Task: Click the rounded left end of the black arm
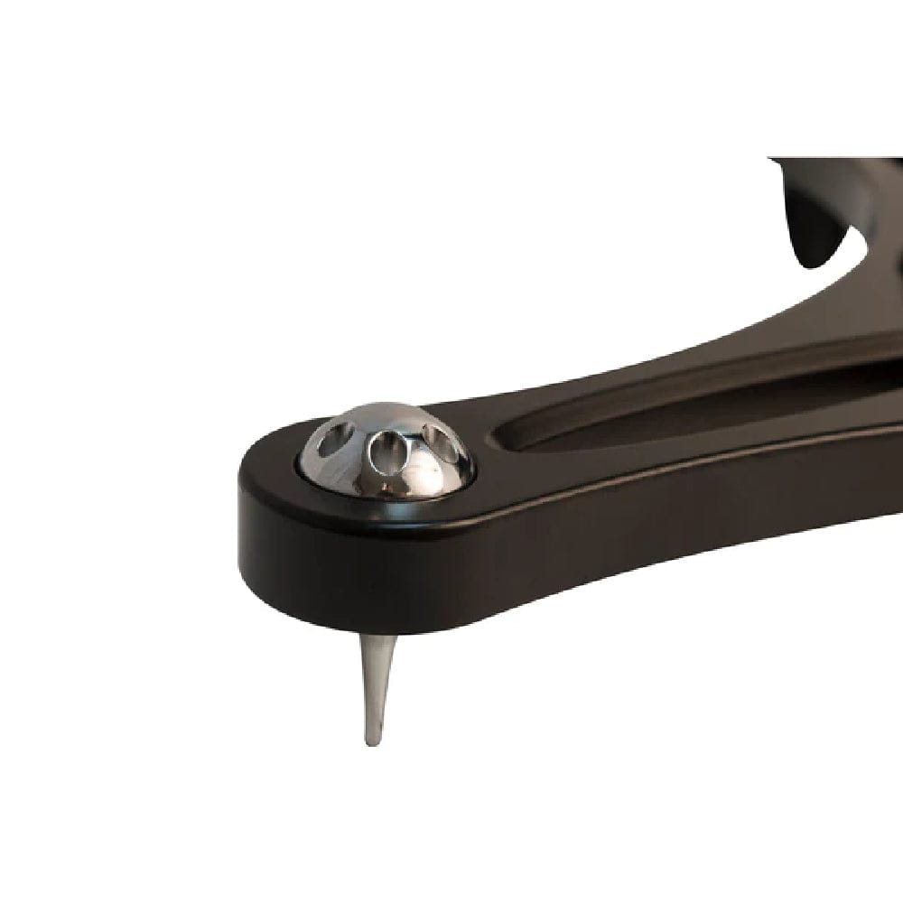point(248,506)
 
